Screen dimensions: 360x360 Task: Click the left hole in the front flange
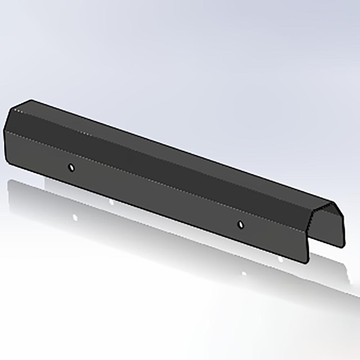[x=71, y=167]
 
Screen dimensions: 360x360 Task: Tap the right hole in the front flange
[x=240, y=225]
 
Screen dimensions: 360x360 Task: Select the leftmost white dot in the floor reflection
[x=75, y=217]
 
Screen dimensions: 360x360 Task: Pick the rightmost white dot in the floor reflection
[x=280, y=259]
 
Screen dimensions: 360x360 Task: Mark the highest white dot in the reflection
[x=111, y=202]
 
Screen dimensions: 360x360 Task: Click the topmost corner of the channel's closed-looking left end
[x=32, y=100]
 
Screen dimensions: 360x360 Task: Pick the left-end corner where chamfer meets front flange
[x=4, y=130]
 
